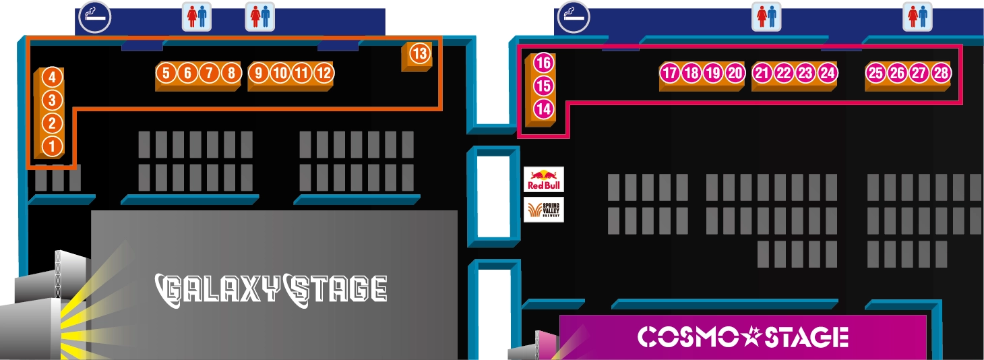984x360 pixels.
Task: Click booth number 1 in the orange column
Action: tap(52, 146)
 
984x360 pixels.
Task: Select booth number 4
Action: tap(52, 77)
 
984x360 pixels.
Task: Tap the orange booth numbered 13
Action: tap(419, 53)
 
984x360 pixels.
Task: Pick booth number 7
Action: tap(210, 72)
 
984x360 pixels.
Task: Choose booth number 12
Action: tap(324, 72)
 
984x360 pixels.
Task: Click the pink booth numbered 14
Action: tap(543, 109)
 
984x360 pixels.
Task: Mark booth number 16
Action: tap(543, 63)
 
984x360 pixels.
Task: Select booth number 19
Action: tap(713, 73)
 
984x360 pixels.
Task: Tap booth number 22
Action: tap(784, 73)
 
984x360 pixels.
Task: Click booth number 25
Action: tap(875, 73)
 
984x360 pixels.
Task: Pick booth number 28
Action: tap(941, 73)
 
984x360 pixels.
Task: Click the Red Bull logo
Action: tap(543, 180)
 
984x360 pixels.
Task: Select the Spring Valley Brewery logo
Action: tap(543, 209)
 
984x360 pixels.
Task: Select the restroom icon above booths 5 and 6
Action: tap(197, 17)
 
